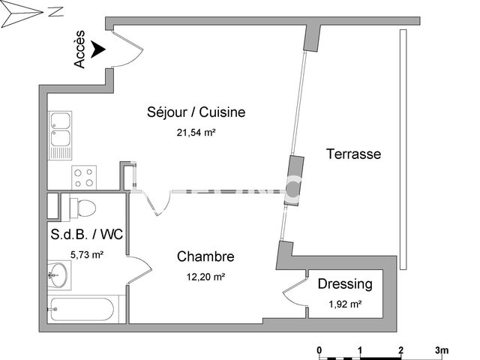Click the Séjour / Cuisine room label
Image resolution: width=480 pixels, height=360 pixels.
point(196,113)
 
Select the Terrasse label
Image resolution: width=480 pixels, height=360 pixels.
point(353,154)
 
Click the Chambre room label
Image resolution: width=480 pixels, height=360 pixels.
point(205,257)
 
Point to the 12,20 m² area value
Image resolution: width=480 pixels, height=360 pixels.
point(205,276)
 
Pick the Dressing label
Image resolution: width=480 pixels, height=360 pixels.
point(345,284)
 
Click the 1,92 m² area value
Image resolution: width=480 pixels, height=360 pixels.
point(345,304)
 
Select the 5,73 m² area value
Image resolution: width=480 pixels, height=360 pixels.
point(86,254)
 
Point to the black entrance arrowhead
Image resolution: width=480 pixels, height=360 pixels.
point(97,50)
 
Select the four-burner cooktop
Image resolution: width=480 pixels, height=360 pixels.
point(83,177)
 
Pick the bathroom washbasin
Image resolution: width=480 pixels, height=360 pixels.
point(58,275)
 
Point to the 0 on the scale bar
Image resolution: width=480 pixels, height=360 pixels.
point(319,349)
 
